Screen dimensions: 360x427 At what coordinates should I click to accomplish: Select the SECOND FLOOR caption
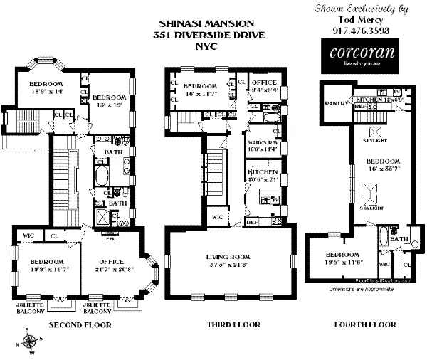78,325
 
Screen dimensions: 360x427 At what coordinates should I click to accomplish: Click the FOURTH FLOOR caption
364,325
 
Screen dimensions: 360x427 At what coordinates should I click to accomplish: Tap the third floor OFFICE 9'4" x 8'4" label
265,86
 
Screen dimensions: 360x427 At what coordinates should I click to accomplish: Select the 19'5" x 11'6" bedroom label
342,258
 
